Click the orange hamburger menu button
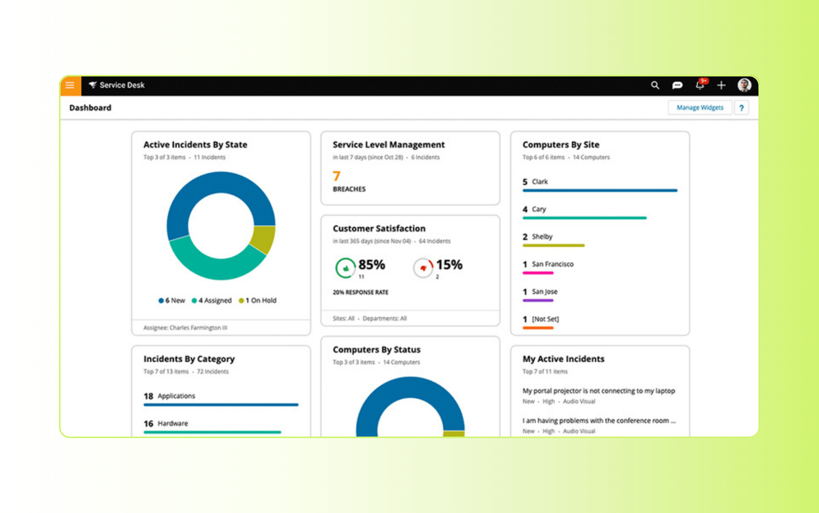click(x=70, y=86)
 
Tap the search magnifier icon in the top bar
click(x=655, y=85)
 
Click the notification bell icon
click(x=699, y=85)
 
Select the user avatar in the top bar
click(x=744, y=85)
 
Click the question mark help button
click(x=741, y=108)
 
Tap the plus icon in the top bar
click(x=721, y=85)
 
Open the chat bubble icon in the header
click(x=677, y=85)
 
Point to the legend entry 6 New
click(x=172, y=301)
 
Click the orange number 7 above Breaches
click(x=337, y=176)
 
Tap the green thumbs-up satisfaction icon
click(x=345, y=268)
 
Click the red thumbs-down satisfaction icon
click(x=423, y=268)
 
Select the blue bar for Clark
click(x=599, y=190)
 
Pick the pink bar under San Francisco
click(x=537, y=273)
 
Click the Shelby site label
click(x=542, y=236)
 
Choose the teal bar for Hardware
click(x=212, y=432)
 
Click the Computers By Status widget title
click(x=376, y=350)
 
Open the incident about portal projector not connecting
click(x=598, y=391)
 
